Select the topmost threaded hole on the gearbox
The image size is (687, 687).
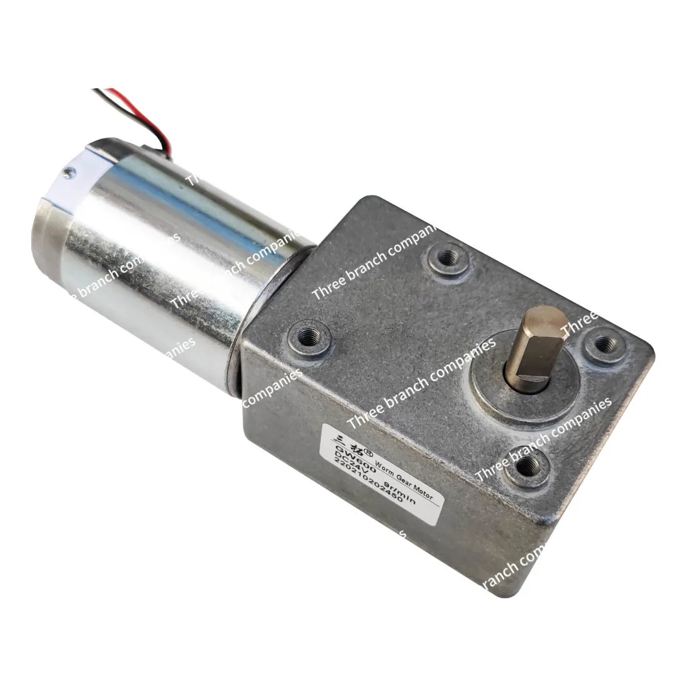(448, 258)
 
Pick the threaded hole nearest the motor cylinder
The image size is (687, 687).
(309, 337)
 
